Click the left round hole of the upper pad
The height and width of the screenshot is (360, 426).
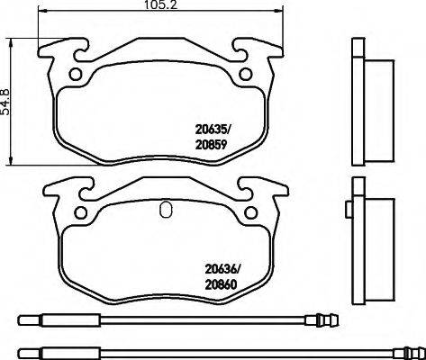tap(77, 75)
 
